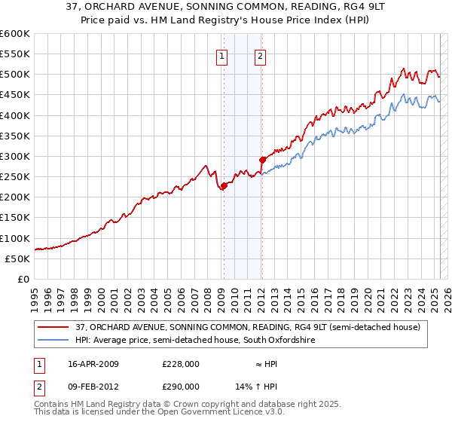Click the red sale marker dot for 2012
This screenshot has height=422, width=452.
pos(263,160)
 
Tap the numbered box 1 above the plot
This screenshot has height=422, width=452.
pos(223,55)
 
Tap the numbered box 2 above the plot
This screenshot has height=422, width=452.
pos(260,55)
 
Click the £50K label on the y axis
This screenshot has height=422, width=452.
pos(18,258)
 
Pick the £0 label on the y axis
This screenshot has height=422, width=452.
pos(24,279)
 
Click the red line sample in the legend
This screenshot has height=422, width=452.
pos(53,327)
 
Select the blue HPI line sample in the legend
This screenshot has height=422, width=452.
pos(53,340)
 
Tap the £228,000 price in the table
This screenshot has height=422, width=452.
pos(180,364)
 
